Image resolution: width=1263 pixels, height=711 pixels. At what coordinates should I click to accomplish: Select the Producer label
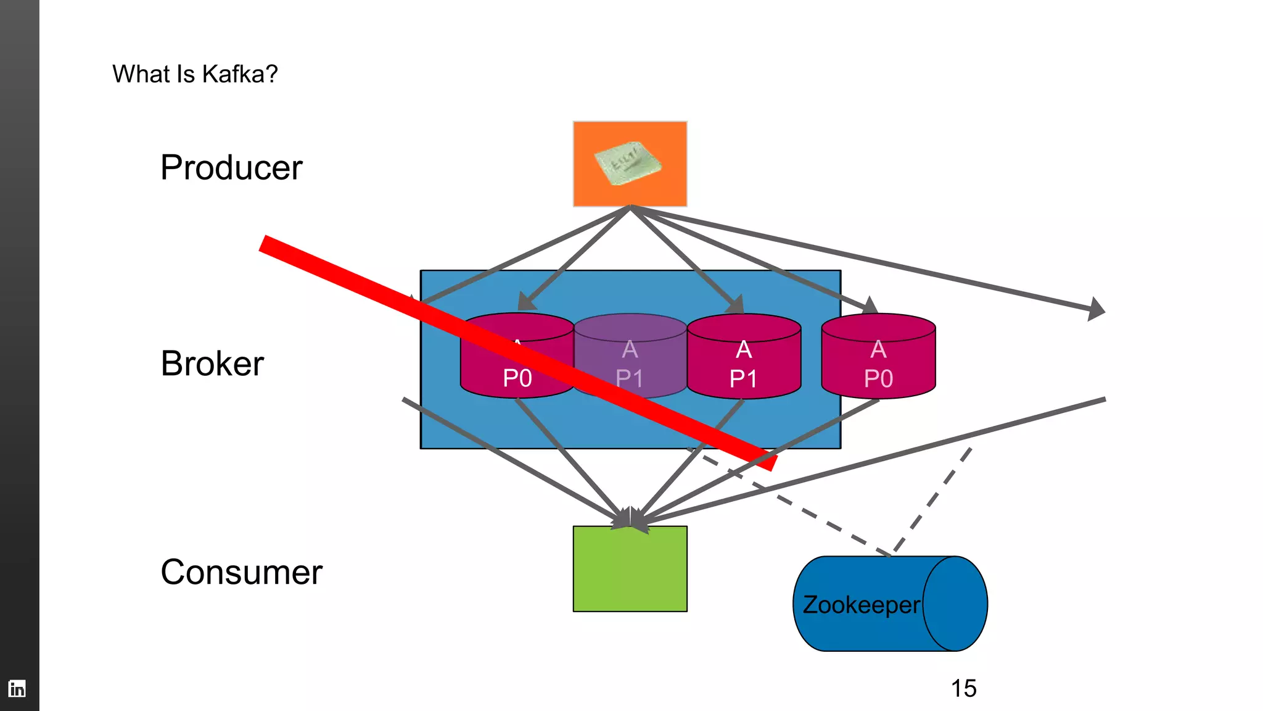[x=231, y=167]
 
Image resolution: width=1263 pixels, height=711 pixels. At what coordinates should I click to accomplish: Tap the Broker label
[x=212, y=363]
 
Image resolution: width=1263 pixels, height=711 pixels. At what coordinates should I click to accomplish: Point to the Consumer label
[x=241, y=572]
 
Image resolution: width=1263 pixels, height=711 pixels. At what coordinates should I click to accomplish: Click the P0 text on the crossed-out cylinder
[x=517, y=378]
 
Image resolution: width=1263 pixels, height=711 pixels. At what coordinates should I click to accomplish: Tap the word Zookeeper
[x=861, y=605]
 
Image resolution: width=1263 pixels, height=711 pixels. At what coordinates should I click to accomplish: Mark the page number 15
[x=963, y=688]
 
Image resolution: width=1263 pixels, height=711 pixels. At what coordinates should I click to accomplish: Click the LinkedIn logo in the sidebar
[x=17, y=688]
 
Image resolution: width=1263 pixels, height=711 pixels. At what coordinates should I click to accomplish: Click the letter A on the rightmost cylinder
[x=878, y=349]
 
